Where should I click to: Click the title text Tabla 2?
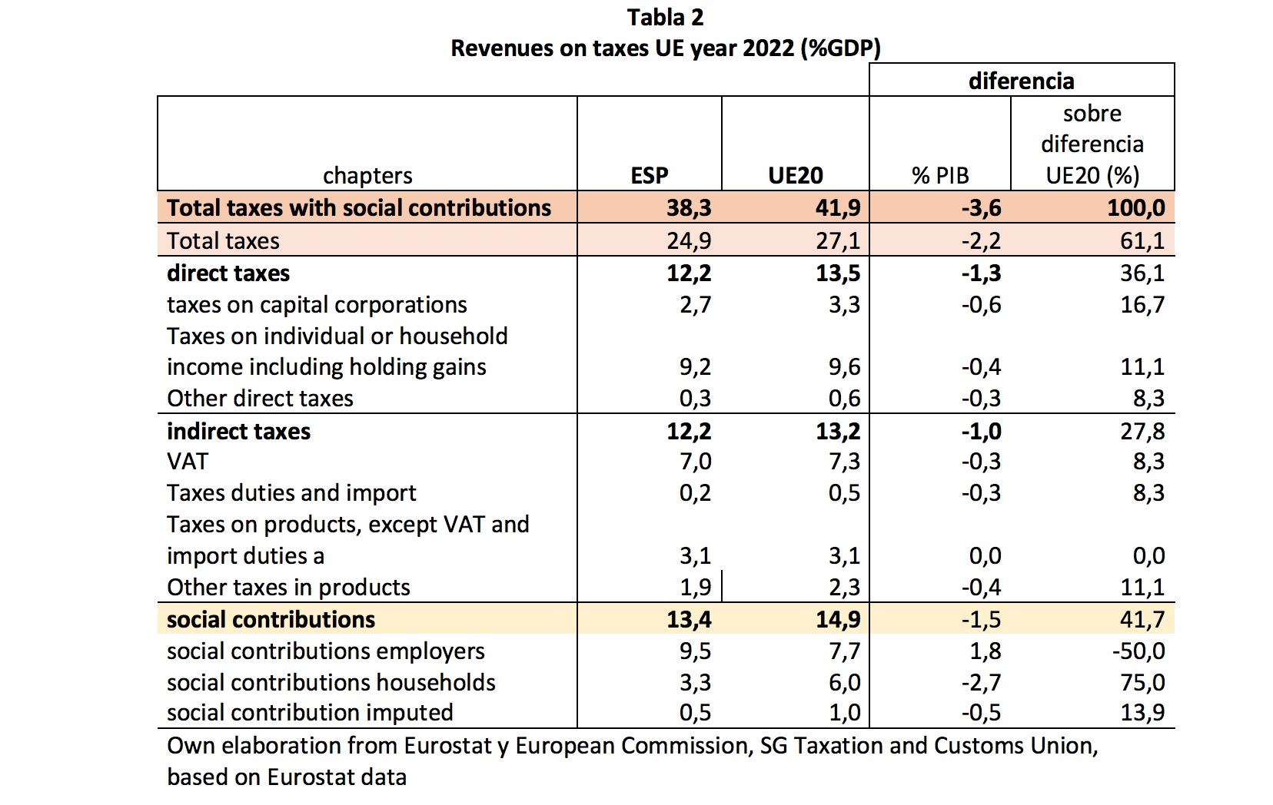coord(665,17)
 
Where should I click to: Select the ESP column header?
coord(650,176)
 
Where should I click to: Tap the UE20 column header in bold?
coord(795,176)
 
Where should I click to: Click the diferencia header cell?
coord(1021,81)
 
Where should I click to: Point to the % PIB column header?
coord(940,176)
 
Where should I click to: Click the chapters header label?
coord(367,176)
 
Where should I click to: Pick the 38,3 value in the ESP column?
coord(689,208)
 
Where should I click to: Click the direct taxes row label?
coord(228,273)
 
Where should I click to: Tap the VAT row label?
coord(188,462)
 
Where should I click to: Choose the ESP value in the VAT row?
coord(695,462)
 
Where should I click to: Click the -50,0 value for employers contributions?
coord(1138,651)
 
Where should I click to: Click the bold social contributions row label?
coord(271,620)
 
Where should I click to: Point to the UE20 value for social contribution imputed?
coord(844,713)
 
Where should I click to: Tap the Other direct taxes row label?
coord(260,399)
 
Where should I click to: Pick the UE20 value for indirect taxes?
coord(838,432)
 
